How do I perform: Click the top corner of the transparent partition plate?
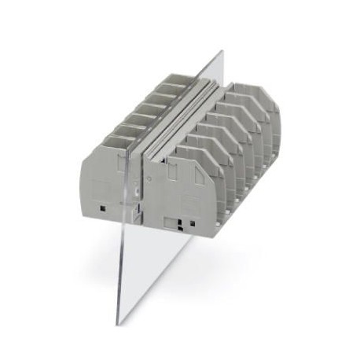click(x=222, y=52)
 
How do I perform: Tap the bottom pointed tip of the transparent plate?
click(x=119, y=324)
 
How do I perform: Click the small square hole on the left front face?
click(x=104, y=207)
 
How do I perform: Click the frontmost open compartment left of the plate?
click(x=118, y=142)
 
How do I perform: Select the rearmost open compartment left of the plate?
click(x=176, y=79)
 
